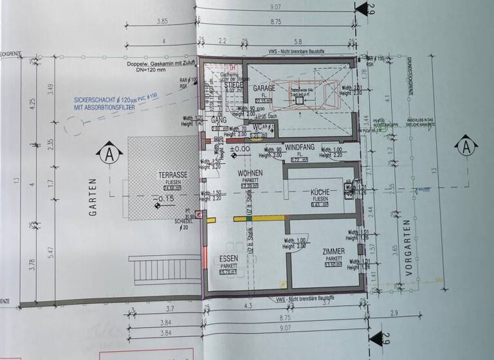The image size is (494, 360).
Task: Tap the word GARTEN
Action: point(93,196)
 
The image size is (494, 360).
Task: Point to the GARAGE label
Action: point(264,88)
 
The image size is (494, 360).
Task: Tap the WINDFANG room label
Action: point(299,147)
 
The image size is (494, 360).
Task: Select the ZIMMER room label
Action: point(334,253)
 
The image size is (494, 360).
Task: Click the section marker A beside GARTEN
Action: point(109,154)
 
